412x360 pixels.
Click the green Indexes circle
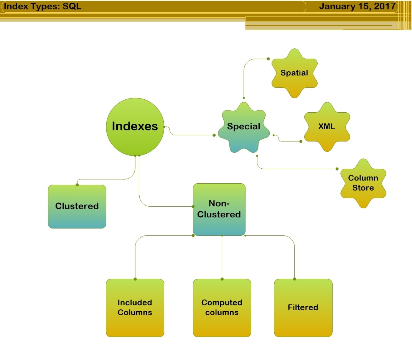tap(135, 127)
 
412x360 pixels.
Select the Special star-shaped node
tap(244, 127)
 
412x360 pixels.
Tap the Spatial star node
tap(294, 73)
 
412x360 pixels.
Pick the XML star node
tap(327, 127)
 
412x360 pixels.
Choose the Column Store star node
tap(363, 183)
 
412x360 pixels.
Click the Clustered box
tap(77, 206)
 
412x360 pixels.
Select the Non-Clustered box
tap(219, 209)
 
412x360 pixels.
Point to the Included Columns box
tap(135, 307)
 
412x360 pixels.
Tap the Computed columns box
tap(222, 307)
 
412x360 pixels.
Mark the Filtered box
tap(303, 307)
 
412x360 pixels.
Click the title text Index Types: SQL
tap(43, 7)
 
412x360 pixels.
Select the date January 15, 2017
tap(357, 7)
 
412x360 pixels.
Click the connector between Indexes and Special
tap(192, 135)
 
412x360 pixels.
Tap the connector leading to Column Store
tap(299, 169)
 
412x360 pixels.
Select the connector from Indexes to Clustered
tap(107, 179)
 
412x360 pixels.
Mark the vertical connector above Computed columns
tap(222, 257)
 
